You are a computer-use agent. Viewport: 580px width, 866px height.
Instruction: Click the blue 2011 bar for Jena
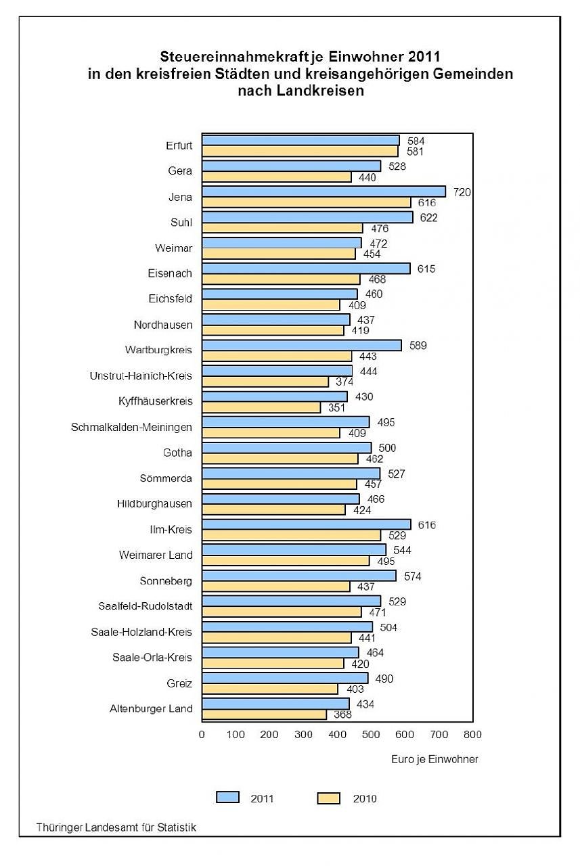tap(324, 191)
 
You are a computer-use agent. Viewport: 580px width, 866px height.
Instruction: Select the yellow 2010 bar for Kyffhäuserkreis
tap(261, 407)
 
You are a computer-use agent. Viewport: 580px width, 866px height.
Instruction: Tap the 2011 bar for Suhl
tap(307, 217)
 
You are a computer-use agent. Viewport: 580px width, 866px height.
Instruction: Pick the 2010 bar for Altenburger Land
tap(264, 714)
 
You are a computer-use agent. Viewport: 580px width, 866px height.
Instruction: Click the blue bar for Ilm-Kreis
tap(306, 524)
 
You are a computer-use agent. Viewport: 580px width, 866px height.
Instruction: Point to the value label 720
tap(462, 192)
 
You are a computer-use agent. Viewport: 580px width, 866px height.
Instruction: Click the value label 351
tap(337, 408)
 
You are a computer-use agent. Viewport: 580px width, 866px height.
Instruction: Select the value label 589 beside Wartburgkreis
tap(417, 346)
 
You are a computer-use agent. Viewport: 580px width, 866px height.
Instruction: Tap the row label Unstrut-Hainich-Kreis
tap(141, 375)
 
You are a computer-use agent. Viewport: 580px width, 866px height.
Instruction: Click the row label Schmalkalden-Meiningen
tap(131, 427)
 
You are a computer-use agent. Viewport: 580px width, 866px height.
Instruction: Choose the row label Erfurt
tap(179, 145)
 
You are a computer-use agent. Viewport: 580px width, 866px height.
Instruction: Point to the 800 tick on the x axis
tap(472, 735)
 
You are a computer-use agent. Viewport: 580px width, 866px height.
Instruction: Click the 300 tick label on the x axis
tap(303, 735)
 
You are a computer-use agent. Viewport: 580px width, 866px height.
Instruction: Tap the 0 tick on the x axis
tap(202, 735)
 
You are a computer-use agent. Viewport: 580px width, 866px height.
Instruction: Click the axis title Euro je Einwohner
tap(434, 759)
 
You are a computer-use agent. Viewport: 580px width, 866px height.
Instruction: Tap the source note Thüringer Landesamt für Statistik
tap(117, 827)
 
